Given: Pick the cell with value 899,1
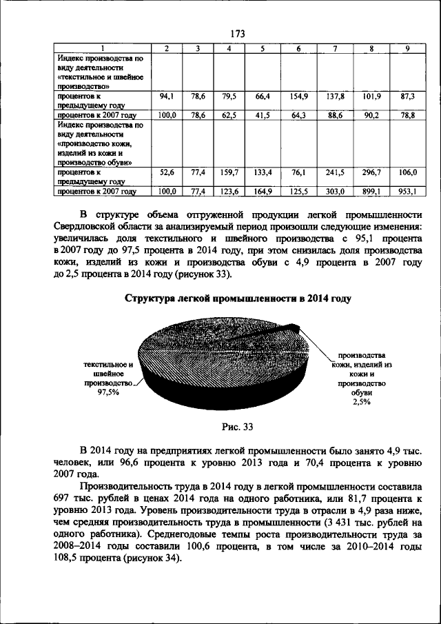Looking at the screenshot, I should [371, 191].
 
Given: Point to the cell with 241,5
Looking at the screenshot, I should [335, 172].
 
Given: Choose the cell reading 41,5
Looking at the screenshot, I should [262, 115].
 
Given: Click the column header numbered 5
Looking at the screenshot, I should [263, 48].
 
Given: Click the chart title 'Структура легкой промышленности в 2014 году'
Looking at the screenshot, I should [238, 299].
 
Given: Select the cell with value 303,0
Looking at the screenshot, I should [335, 191].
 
